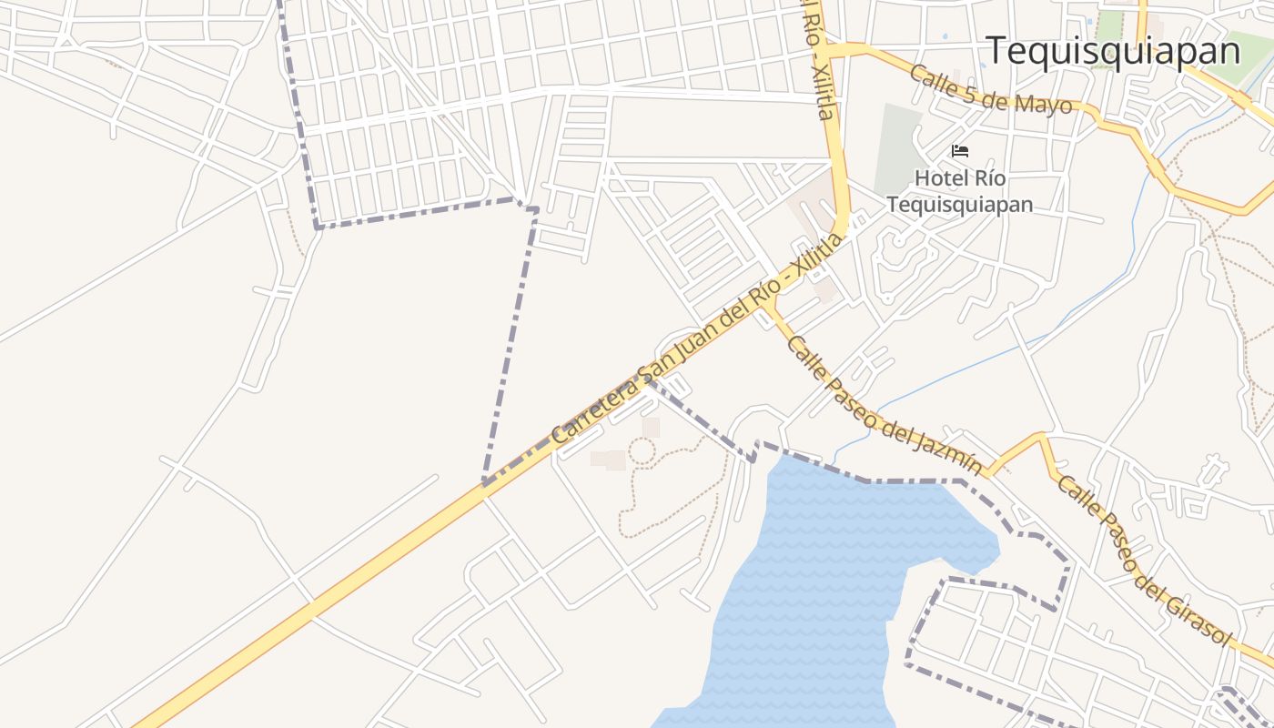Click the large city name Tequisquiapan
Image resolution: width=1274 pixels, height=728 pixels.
[x=1113, y=51]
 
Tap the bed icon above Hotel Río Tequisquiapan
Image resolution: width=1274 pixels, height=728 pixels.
[x=959, y=151]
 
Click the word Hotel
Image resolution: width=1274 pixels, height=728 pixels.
[x=940, y=177]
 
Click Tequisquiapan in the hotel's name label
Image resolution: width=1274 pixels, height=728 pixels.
[x=959, y=204]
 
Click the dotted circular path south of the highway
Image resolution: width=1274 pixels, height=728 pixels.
[x=642, y=451]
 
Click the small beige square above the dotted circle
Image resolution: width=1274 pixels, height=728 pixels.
[x=651, y=427]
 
